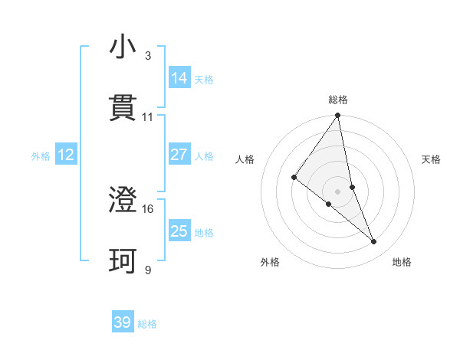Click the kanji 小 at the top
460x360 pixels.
coord(123,48)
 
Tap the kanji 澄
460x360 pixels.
coord(123,200)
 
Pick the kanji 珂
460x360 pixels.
coord(123,260)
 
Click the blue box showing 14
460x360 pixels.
coord(179,78)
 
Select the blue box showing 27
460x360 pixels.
coord(179,155)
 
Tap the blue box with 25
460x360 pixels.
coord(179,231)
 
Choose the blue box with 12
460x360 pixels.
coord(66,155)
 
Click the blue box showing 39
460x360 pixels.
coord(123,322)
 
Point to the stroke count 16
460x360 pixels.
coord(148,208)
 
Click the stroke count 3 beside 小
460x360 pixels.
coord(148,55)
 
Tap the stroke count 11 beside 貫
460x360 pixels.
coord(148,116)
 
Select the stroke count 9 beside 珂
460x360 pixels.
coord(148,270)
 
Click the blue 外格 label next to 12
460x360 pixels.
coord(41,155)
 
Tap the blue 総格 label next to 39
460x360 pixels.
coord(147,324)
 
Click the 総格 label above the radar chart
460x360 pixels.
coord(338,100)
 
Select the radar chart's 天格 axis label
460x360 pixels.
coord(431,159)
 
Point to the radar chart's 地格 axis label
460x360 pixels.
coord(402,262)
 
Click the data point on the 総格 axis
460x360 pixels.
coord(338,116)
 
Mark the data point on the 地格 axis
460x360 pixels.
coord(374,242)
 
